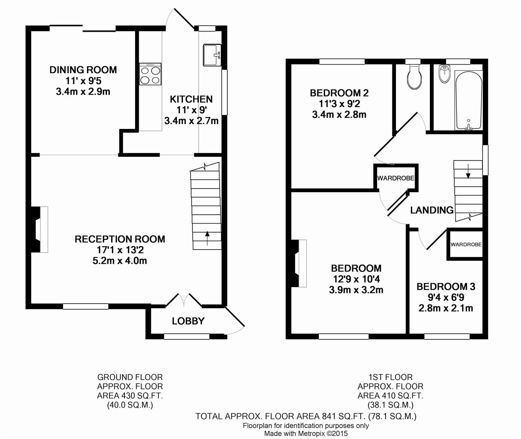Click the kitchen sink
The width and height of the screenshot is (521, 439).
click(212, 55)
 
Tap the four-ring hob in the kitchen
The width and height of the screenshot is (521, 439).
click(150, 74)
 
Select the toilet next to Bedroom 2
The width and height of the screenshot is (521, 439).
click(414, 77)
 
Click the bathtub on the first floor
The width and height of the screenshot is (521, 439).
click(469, 100)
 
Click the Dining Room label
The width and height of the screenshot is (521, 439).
click(83, 70)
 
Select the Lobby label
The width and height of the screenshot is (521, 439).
click(188, 321)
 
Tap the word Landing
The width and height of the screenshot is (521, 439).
click(432, 210)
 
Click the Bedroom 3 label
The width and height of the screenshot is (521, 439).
click(446, 287)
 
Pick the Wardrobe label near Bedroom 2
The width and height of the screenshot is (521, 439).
click(396, 178)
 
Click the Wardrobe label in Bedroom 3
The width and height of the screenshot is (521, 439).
click(466, 244)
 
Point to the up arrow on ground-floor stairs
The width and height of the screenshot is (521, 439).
click(207, 239)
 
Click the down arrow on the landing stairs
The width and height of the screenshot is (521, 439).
click(468, 172)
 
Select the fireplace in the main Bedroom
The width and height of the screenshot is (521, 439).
click(299, 263)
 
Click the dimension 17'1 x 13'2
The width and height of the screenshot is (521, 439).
click(120, 250)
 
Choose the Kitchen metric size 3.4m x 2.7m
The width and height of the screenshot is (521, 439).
click(192, 121)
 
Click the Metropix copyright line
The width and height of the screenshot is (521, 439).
click(306, 433)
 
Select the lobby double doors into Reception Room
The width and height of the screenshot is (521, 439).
click(184, 300)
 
